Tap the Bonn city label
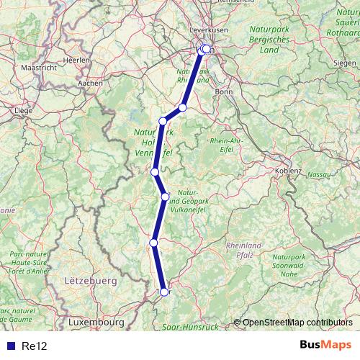[x=223, y=92]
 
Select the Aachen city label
[x=91, y=83]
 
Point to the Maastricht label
[x=38, y=67]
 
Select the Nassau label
[x=318, y=174]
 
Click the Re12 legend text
[x=34, y=346]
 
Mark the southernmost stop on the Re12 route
[x=164, y=292]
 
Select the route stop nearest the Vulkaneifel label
[x=165, y=197]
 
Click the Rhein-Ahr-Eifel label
[x=229, y=145]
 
